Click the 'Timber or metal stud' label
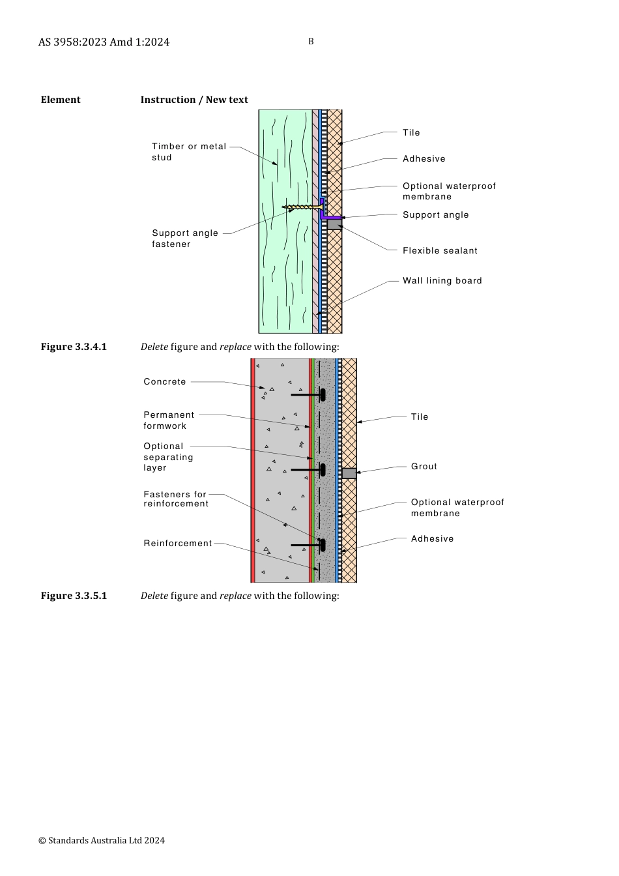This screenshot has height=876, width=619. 189,152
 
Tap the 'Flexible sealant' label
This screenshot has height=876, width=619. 440,251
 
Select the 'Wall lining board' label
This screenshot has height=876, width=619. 442,281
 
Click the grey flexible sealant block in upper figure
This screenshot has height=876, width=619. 334,225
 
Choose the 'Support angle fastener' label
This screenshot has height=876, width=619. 185,239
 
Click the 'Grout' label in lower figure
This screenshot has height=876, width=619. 424,467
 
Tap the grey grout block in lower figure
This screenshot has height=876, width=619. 349,473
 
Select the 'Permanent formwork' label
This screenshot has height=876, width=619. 169,420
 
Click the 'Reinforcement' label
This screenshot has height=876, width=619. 178,544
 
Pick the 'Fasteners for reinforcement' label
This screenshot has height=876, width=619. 176,499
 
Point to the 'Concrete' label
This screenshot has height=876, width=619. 165,382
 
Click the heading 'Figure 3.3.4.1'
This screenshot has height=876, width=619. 74,347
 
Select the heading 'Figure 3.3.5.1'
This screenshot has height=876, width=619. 74,596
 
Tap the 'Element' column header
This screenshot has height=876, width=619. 61,100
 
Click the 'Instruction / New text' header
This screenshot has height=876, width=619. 194,100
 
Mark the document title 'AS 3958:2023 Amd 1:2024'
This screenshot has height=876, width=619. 104,42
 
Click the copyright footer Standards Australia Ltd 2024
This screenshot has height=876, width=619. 102,841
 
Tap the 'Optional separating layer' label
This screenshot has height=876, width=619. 168,457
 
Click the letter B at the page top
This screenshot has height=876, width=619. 311,42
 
